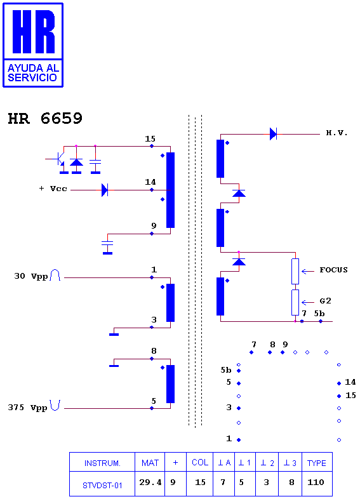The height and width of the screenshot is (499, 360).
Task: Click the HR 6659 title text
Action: [45, 118]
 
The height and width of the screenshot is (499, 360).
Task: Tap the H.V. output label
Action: [337, 133]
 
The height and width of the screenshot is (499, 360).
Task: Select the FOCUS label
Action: [333, 270]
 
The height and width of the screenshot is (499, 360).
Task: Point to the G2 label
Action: [325, 301]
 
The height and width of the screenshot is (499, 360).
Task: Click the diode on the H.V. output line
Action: [274, 134]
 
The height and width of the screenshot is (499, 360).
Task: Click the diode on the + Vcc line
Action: [105, 190]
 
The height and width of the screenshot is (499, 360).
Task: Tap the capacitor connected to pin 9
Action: [107, 244]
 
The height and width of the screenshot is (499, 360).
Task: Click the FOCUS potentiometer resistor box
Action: [295, 271]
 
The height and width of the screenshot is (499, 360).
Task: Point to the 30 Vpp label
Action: [31, 276]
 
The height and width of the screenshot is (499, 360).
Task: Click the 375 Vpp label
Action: [28, 408]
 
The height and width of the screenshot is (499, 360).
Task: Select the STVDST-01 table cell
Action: [102, 484]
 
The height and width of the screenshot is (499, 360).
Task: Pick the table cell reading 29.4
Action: [150, 484]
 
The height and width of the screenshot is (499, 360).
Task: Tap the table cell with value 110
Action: [317, 484]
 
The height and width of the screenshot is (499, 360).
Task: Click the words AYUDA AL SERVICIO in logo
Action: [32, 73]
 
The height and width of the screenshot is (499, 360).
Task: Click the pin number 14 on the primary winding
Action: [150, 182]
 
